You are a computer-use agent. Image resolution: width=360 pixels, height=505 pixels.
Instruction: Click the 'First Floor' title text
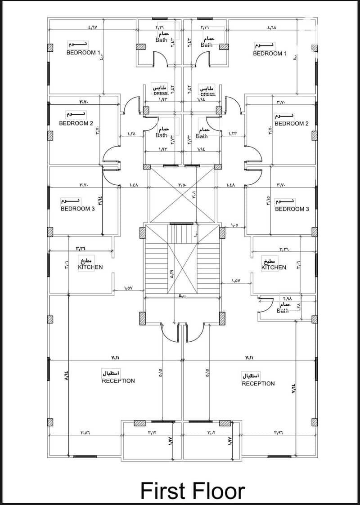193,490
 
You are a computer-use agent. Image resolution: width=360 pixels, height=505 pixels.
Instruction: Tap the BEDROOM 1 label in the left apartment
81,52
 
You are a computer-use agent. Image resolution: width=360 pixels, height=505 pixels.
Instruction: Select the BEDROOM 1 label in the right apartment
267,53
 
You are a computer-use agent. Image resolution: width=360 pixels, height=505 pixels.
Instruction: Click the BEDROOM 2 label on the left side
76,123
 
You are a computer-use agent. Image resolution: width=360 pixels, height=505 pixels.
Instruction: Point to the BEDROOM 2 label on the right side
292,123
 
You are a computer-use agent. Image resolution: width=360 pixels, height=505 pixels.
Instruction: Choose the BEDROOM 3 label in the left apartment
77,209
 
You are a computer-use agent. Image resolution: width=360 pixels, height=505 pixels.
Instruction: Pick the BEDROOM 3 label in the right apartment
292,209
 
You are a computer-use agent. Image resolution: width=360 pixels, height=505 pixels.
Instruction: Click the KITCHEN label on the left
90,267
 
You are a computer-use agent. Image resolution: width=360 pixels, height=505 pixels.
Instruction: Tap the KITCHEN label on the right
274,267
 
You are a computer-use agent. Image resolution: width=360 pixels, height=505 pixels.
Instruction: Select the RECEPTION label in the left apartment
118,381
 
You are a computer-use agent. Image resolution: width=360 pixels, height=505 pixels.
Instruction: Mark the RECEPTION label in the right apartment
258,384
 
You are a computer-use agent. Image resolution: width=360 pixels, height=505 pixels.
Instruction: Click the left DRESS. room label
160,94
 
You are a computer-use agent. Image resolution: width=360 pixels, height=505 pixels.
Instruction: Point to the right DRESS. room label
207,94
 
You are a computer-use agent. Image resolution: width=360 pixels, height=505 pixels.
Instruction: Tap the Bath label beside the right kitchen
283,311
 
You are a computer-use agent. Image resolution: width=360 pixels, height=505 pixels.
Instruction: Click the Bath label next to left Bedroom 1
161,40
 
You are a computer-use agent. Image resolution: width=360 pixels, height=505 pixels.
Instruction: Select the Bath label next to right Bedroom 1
207,45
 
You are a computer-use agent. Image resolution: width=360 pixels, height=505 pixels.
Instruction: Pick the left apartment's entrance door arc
167,333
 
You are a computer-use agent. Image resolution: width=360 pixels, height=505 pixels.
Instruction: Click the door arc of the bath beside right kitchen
265,303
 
